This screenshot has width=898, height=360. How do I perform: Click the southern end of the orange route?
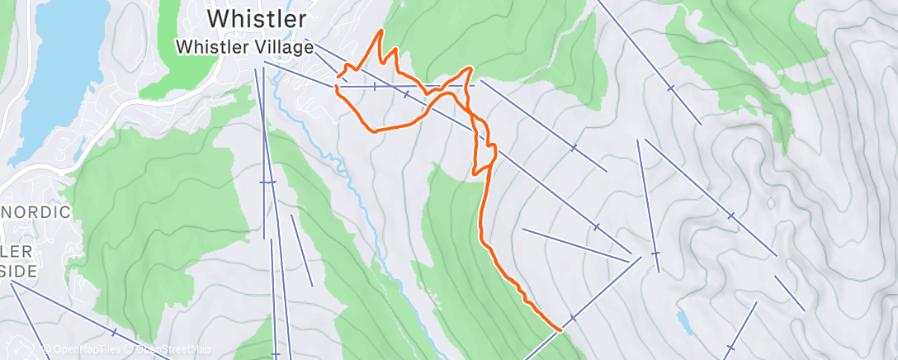click(560, 330)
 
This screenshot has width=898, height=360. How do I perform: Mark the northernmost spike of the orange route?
click(380, 31)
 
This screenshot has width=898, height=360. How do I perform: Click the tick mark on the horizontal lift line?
click(375, 86)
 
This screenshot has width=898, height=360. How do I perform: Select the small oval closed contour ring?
click(771, 202)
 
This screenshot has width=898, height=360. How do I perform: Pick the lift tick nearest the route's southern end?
click(572, 317)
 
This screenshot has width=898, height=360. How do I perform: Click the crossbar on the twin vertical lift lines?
click(267, 182)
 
